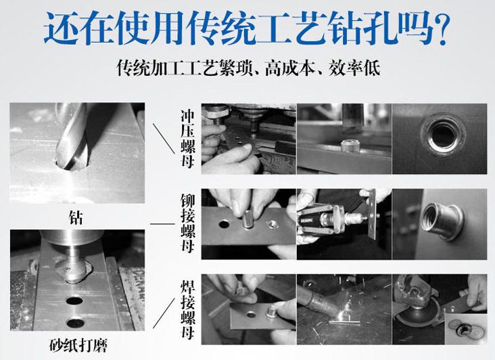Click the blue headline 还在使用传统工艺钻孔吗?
point(247,28)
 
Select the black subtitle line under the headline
point(248,67)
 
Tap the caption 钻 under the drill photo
point(76,218)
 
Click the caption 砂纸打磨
point(78,345)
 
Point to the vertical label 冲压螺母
point(188,139)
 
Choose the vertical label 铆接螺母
point(188,223)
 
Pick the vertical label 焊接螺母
point(188,309)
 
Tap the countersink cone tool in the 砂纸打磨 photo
point(73,270)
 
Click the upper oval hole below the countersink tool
point(74,300)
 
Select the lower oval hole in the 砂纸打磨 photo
point(76,323)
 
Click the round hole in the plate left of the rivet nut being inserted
point(224,225)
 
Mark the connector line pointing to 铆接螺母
point(162,224)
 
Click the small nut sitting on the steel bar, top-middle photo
point(350,146)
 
